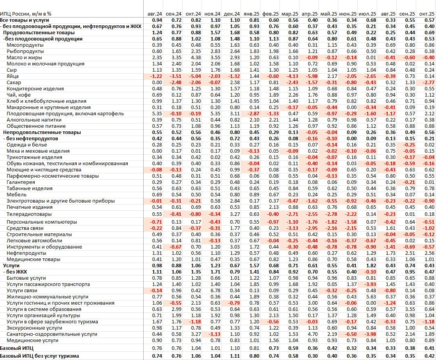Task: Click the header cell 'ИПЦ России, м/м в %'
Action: point(26,14)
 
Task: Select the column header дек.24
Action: point(232,14)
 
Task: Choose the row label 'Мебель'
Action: point(16,195)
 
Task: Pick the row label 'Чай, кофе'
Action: point(19,95)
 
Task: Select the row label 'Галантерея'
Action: point(21,182)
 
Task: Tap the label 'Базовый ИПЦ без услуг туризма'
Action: point(39,356)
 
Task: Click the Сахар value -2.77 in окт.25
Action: point(427,83)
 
